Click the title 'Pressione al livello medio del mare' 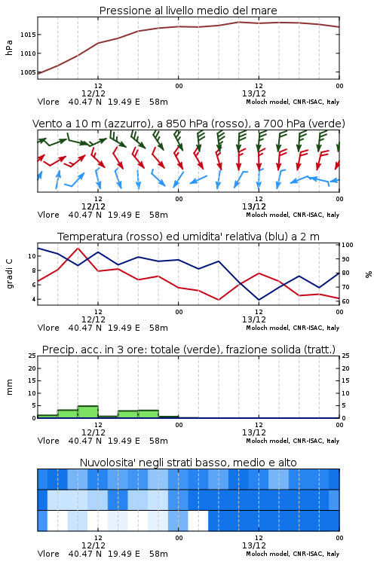pos(188,11)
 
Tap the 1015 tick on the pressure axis pos(28,35)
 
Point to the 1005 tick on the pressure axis pos(28,72)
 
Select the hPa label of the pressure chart pos(9,47)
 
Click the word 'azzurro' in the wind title pos(127,124)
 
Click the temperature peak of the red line pos(78,249)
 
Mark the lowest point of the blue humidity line pos(259,300)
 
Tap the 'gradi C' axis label pos(9,274)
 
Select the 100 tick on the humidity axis pos(348,245)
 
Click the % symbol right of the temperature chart pos(369,274)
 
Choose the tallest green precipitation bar pos(88,412)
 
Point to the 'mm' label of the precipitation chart pos(9,387)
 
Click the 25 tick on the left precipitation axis pos(32,356)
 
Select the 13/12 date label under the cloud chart pos(254,545)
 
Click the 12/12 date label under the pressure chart pos(93,93)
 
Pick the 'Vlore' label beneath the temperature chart pos(48,328)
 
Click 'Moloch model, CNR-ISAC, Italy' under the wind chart pos(293,215)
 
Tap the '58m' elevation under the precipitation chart pos(159,441)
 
